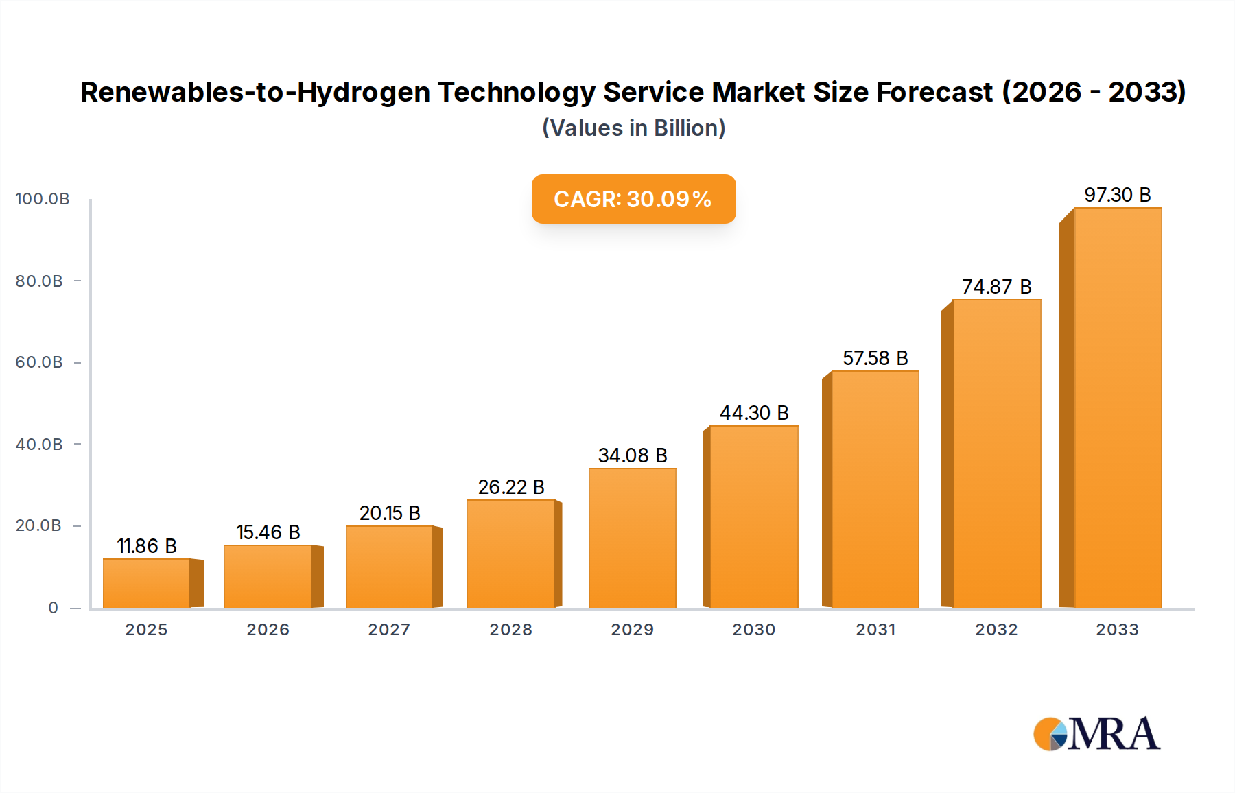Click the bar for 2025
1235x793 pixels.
[x=147, y=583]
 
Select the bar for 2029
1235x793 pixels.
[x=633, y=538]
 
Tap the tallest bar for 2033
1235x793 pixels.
[x=1118, y=408]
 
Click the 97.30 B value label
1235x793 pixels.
[x=1117, y=195]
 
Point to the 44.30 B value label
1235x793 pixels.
[x=754, y=413]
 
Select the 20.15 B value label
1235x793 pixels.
[x=390, y=513]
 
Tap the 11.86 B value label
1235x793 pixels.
[x=147, y=546]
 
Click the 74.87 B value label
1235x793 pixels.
[x=996, y=287]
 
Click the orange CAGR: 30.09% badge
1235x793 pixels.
[x=633, y=199]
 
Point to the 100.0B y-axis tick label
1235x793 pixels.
[x=43, y=199]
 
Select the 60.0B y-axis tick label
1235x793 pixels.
[x=39, y=362]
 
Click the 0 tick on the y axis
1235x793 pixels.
[x=54, y=608]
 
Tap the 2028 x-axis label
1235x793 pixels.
[x=511, y=630]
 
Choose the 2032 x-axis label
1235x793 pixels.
[x=996, y=630]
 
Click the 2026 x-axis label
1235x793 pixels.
[x=268, y=630]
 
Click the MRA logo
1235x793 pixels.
[x=1096, y=734]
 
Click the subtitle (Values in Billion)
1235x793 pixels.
[x=633, y=128]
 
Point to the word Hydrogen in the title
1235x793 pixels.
[x=363, y=93]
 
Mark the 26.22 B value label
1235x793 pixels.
[x=511, y=487]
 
